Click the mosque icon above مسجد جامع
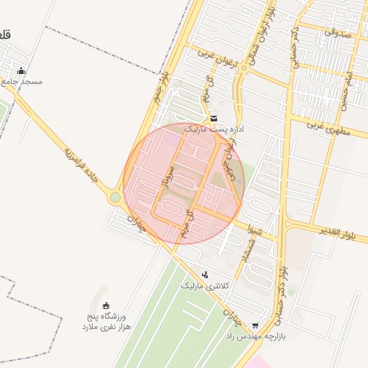(x=22, y=71)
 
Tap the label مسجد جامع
(x=22, y=81)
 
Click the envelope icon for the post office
(x=213, y=119)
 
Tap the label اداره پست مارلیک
(x=214, y=129)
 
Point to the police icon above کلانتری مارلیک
(x=206, y=275)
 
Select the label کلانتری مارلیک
(x=206, y=285)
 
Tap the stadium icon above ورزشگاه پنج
(x=107, y=305)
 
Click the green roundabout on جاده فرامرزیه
(x=115, y=197)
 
